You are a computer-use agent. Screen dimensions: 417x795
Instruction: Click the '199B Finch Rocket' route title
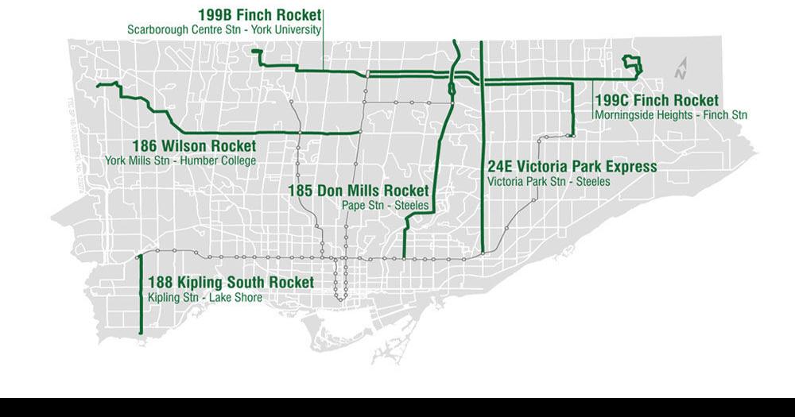260,15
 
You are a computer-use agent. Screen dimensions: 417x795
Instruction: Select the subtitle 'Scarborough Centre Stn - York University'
224,30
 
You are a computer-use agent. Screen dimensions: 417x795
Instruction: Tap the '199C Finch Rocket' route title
657,101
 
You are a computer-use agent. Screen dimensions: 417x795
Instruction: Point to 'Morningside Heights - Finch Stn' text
671,115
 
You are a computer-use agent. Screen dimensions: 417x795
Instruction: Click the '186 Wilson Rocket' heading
194,146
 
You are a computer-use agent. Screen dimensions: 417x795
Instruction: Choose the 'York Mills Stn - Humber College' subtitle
180,160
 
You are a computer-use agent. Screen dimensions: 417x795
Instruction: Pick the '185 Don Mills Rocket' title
358,191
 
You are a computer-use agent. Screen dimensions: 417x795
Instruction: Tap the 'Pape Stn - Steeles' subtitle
385,206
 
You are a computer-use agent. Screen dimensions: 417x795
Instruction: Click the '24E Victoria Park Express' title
572,167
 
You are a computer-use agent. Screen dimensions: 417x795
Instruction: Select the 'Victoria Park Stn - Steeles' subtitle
549,182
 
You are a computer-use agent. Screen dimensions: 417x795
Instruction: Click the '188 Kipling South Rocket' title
231,283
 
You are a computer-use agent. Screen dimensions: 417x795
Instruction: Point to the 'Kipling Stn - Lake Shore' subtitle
205,298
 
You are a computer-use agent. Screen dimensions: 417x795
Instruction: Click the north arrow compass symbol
681,69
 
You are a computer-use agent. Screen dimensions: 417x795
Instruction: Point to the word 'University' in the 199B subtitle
298,30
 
